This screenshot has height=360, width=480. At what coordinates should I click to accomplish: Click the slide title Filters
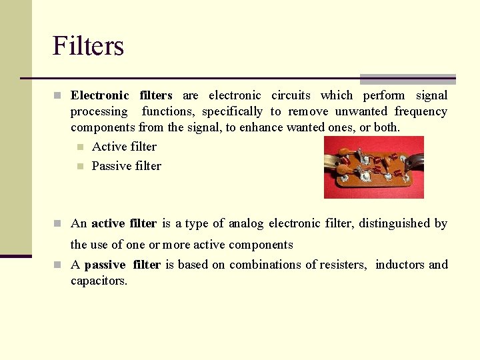[88, 47]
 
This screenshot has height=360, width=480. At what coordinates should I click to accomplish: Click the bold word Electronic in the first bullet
[100, 95]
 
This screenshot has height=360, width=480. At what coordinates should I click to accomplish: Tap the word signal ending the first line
[431, 95]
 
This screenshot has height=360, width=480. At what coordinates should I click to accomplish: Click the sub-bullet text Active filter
[124, 147]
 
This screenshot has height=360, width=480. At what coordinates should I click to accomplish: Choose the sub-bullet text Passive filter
[127, 166]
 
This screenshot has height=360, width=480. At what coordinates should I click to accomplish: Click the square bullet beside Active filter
[79, 147]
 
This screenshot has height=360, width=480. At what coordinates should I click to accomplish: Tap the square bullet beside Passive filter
[79, 166]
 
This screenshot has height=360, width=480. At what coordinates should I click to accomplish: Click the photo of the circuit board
[373, 167]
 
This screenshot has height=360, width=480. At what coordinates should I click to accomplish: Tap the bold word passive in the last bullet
[106, 265]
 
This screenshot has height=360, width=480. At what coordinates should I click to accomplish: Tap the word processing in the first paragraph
[99, 111]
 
